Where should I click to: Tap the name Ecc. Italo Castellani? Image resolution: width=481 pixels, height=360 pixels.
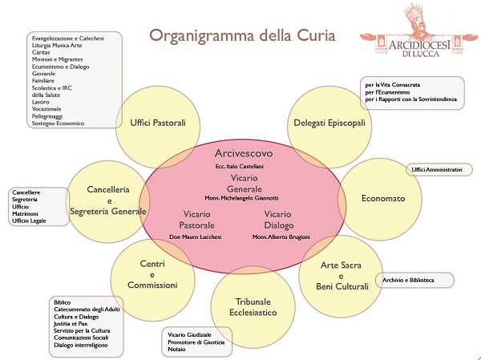tap(240, 166)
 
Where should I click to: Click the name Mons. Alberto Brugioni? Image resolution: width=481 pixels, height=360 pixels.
tap(281, 238)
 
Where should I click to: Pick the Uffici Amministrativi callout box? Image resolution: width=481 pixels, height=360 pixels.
tap(437, 170)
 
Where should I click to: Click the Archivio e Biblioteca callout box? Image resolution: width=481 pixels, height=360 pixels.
tap(414, 281)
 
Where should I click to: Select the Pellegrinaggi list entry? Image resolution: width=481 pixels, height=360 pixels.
tap(51, 116)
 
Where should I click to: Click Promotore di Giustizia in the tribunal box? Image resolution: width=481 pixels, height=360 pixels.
tap(196, 342)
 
